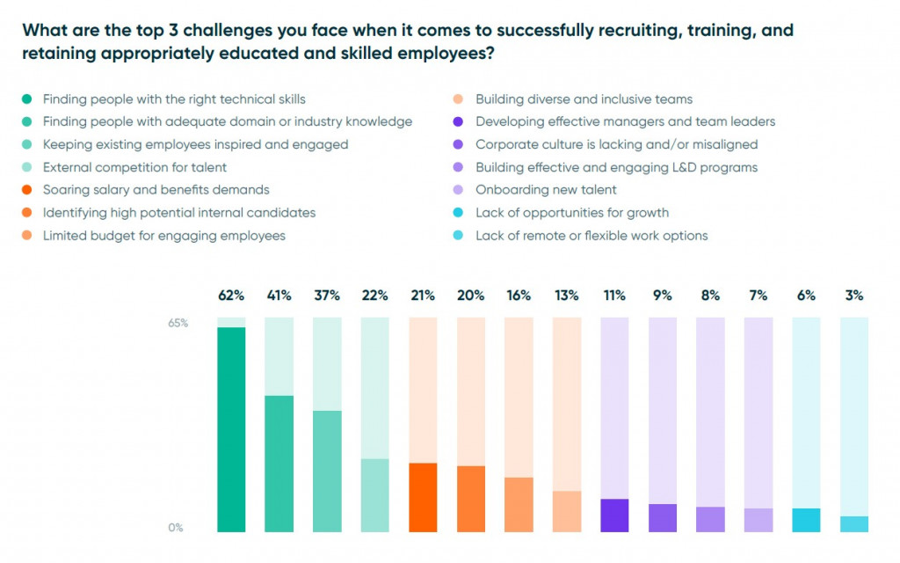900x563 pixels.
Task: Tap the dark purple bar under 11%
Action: click(614, 515)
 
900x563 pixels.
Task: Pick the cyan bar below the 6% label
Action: click(806, 520)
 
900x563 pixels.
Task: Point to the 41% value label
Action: click(279, 296)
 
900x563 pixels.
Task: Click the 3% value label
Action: click(853, 296)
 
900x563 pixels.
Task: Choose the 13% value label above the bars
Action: click(566, 296)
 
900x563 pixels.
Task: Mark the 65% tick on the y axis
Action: click(178, 323)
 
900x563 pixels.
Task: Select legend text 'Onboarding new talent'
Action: click(546, 190)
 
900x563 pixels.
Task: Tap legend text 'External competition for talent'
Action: click(134, 167)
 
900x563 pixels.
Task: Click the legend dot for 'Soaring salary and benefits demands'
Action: click(27, 190)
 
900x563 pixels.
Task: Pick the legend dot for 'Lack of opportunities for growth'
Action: click(460, 213)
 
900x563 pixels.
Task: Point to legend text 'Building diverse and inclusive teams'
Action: click(584, 99)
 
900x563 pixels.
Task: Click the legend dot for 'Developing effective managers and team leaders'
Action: click(460, 121)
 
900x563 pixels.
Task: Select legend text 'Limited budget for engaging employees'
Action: click(163, 236)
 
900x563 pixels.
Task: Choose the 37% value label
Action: click(327, 296)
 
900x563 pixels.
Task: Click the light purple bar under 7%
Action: click(758, 520)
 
